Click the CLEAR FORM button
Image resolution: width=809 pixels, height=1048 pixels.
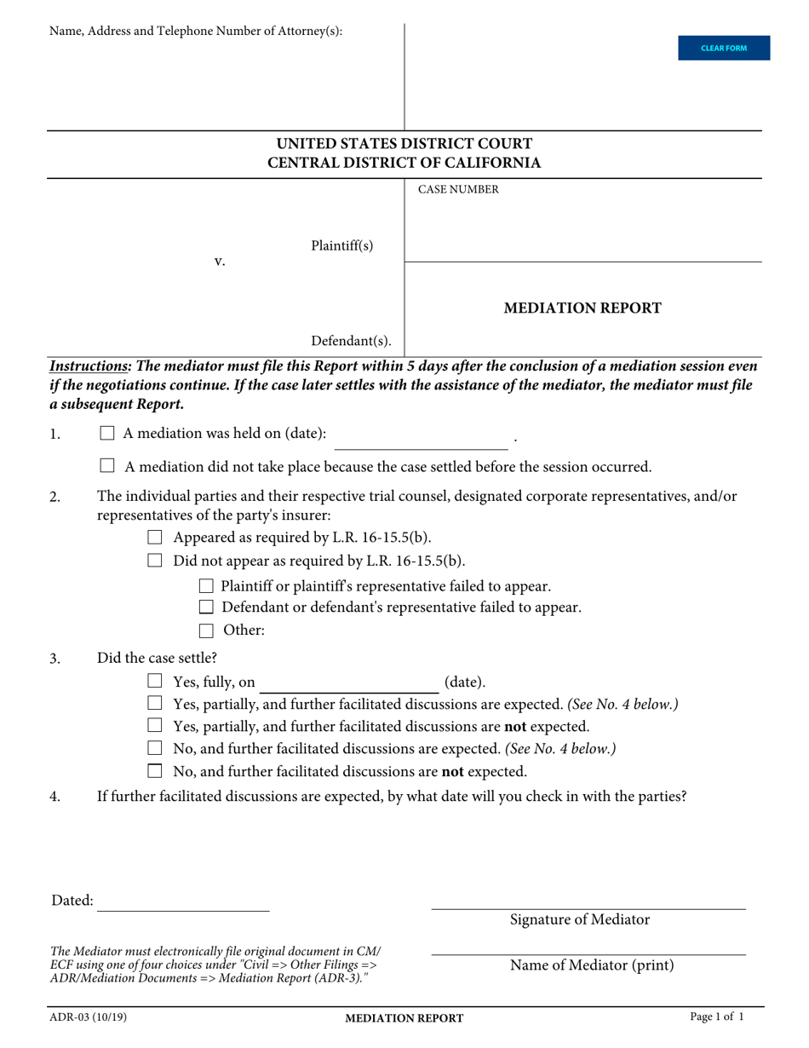click(x=723, y=48)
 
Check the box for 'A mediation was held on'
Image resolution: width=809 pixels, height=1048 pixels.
click(x=107, y=433)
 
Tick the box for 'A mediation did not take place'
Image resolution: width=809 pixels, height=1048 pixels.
click(x=107, y=466)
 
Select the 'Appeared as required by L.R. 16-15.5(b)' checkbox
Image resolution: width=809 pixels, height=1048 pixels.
click(x=155, y=538)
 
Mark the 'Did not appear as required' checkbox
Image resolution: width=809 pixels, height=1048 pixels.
click(x=155, y=561)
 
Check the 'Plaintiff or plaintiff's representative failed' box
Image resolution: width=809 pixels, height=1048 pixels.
click(x=205, y=586)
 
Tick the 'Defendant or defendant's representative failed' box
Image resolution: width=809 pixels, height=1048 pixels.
click(x=205, y=607)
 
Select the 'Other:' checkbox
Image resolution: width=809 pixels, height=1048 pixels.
click(x=205, y=631)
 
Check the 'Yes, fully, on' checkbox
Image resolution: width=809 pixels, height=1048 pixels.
click(x=155, y=681)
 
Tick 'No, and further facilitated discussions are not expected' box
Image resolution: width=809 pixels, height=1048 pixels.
click(x=155, y=771)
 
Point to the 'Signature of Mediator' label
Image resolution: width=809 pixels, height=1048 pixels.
click(x=580, y=919)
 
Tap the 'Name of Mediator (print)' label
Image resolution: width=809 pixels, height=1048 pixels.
click(x=592, y=965)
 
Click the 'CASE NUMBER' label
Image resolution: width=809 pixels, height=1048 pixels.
click(x=458, y=190)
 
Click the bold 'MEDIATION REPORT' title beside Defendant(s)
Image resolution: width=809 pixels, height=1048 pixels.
click(x=582, y=308)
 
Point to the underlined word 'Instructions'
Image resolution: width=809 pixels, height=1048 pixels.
click(x=89, y=366)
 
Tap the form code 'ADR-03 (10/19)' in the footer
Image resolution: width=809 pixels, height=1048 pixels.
click(x=89, y=1017)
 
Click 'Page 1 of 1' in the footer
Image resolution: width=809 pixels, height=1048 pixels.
click(x=717, y=1017)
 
